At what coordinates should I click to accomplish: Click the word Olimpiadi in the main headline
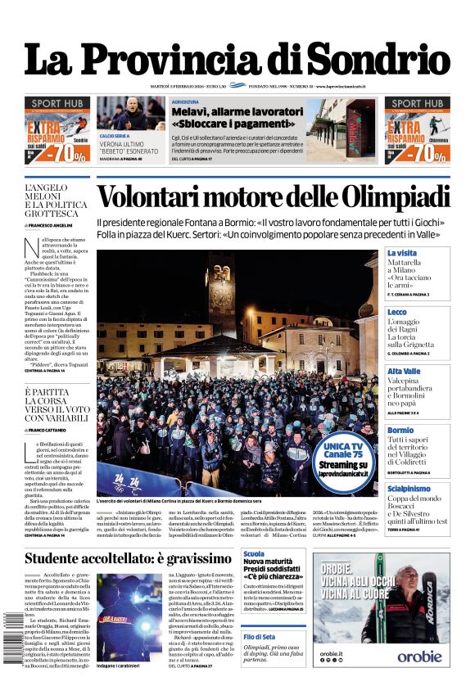[x=393, y=198]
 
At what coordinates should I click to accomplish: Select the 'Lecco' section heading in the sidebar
[x=396, y=312]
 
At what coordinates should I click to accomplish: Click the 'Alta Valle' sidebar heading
[x=404, y=371]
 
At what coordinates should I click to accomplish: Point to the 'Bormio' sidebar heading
[x=400, y=430]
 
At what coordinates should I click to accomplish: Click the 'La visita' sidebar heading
[x=402, y=253]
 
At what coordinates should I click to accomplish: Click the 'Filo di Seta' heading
[x=259, y=636]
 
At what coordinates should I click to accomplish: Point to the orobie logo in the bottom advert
[x=419, y=656]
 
